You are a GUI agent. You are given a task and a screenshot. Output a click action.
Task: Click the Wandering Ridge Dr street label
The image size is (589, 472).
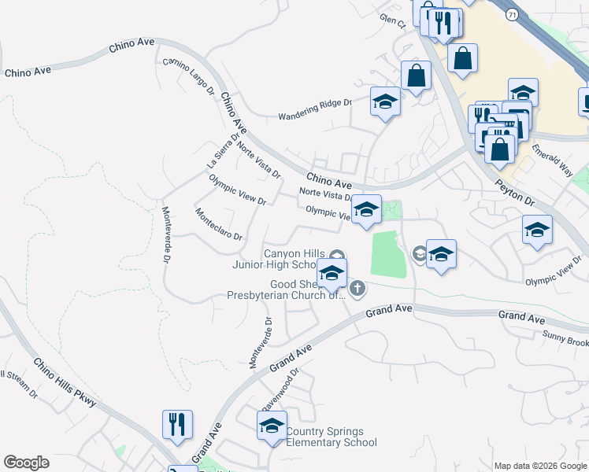click(314, 110)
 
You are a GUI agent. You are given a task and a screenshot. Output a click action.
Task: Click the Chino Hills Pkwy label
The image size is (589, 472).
click(65, 384)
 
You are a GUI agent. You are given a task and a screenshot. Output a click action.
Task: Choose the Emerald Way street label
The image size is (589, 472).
click(551, 160)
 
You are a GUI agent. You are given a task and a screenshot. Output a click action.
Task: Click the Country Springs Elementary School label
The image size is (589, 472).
click(324, 437)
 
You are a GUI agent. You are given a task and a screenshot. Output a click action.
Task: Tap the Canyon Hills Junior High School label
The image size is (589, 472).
click(275, 259)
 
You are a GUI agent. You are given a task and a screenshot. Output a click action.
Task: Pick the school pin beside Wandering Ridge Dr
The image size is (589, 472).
click(385, 102)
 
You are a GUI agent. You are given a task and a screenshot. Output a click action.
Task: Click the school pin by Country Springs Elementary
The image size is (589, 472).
click(272, 426)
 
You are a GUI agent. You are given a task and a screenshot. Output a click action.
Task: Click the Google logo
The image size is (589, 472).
click(26, 463)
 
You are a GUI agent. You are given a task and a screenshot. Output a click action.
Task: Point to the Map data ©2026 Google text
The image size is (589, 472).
click(540, 466)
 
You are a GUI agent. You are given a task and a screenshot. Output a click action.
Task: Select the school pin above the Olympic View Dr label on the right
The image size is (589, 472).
click(538, 230)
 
